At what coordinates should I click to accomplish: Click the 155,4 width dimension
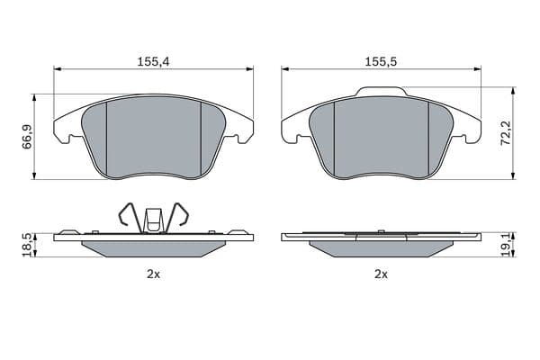pos(154,62)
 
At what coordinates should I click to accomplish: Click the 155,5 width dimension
pos(381,62)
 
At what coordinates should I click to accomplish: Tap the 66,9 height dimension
pos(27,137)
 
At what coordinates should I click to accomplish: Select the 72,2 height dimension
pos(506,132)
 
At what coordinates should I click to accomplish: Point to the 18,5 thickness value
pos(27,245)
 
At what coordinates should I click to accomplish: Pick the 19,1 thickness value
pos(506,245)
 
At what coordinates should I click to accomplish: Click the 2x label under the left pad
pos(154,274)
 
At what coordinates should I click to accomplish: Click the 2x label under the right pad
pos(381,274)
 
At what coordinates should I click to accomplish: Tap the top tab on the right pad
pos(382,91)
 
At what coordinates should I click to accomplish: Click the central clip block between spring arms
pos(154,220)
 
